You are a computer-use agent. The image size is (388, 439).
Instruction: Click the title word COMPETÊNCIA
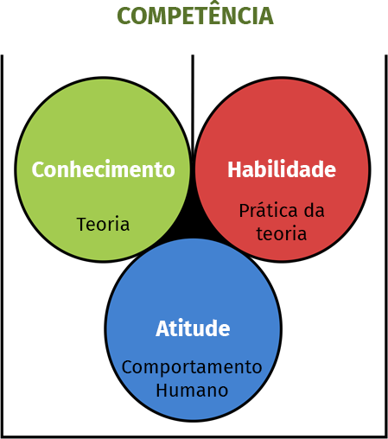tap(195, 15)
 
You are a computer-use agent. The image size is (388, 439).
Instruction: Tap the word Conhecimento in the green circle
tap(103, 169)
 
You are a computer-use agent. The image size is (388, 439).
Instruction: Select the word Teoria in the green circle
tap(103, 224)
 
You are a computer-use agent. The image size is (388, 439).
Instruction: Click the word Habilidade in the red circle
tap(282, 169)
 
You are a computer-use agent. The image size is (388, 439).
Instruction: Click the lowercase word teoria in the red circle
tap(282, 233)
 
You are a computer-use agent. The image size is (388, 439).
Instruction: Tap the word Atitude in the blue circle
tap(193, 328)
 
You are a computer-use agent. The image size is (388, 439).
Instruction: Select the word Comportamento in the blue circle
tap(192, 368)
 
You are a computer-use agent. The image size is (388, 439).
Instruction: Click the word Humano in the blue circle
tap(192, 391)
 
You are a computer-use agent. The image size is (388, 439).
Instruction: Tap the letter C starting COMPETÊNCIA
tap(124, 16)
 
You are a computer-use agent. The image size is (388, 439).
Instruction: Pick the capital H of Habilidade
tap(234, 169)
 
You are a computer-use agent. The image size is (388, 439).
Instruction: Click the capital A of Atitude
tap(162, 328)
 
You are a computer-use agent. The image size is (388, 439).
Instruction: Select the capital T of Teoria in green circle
tap(82, 224)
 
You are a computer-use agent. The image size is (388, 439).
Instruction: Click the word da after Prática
tap(315, 210)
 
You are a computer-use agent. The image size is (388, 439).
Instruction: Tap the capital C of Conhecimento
tap(39, 169)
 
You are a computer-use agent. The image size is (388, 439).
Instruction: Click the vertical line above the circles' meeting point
tap(193, 104)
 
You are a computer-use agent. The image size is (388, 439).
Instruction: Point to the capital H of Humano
tap(162, 391)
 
